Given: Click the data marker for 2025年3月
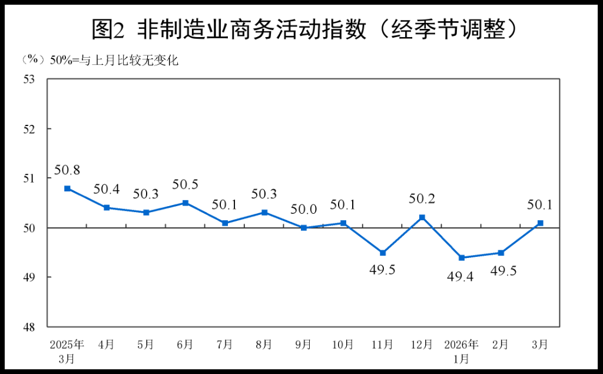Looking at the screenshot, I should pos(68,188).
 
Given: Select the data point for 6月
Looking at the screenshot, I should pos(185,203).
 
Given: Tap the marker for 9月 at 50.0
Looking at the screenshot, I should pos(304,227).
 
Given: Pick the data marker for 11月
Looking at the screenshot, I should pos(383,253).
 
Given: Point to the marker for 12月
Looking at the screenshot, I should pos(422,217).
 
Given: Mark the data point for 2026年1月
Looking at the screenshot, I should pos(462,257).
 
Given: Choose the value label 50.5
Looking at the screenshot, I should pos(185,185).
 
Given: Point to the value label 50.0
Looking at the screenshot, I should pos(304,210).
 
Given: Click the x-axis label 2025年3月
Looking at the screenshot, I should pos(67,350).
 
